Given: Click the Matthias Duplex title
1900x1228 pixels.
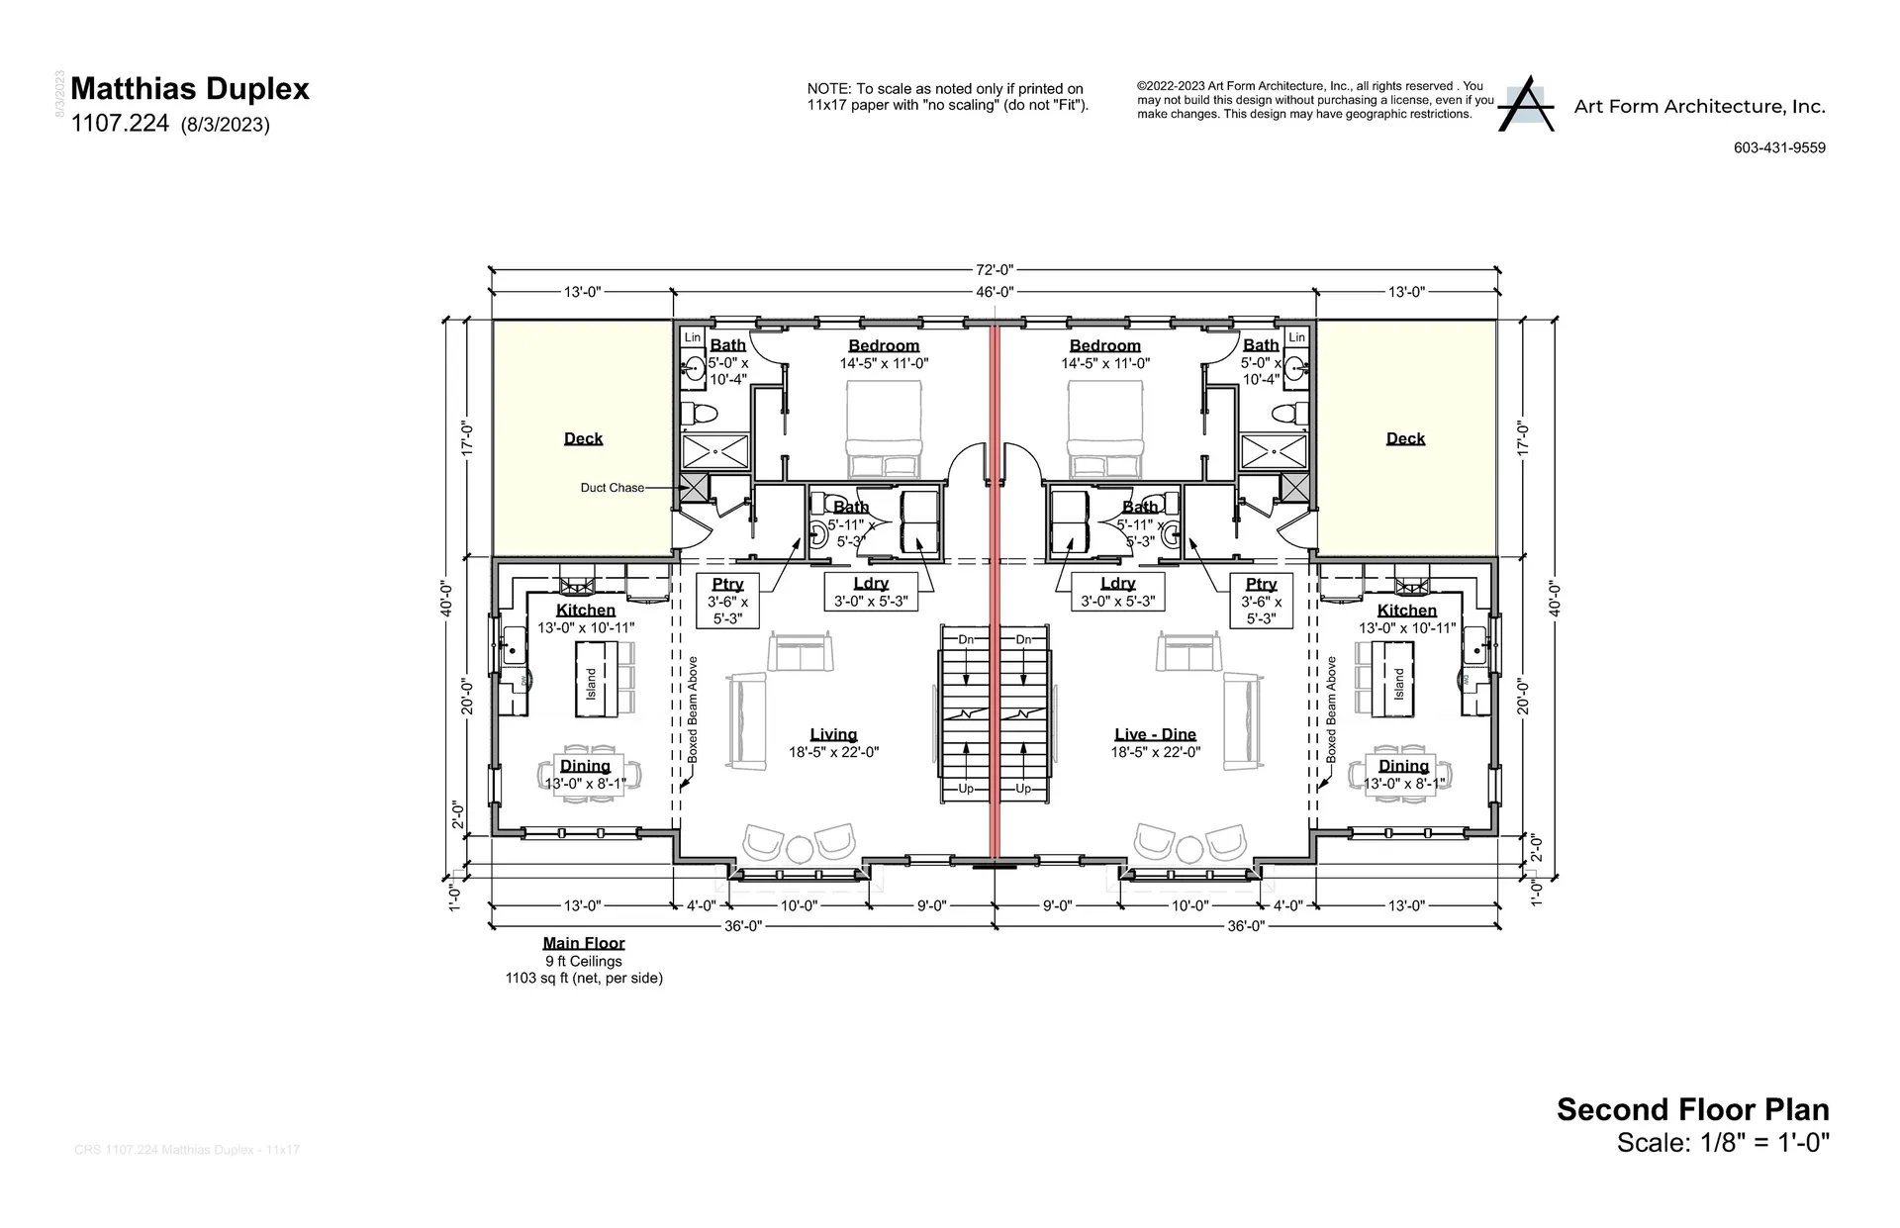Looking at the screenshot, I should tap(190, 89).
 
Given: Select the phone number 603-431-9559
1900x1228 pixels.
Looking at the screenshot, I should tap(1779, 147).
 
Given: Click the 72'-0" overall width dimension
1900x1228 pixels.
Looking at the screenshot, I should tap(994, 269).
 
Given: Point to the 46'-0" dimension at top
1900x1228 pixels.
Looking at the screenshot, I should tap(994, 292).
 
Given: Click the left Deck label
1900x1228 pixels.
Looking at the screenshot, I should tap(583, 438).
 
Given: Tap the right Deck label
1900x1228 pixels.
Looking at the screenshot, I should tap(1405, 438).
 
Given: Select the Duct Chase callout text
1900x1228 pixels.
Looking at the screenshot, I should tap(612, 488).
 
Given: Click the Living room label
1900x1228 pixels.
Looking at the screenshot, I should tap(833, 734).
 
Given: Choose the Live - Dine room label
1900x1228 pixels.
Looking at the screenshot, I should tap(1155, 734).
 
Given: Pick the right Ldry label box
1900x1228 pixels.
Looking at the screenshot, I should tap(1117, 592).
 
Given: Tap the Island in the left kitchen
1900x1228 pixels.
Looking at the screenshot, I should tap(592, 679).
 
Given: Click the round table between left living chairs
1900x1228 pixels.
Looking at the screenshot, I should tap(799, 849).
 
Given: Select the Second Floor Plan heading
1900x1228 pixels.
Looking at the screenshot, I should tap(1692, 1109).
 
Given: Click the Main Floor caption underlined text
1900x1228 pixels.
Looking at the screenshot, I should tap(584, 943).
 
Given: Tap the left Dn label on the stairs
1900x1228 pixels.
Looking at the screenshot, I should tap(966, 640).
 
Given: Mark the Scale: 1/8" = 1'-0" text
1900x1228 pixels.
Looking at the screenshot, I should tap(1723, 1143).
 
